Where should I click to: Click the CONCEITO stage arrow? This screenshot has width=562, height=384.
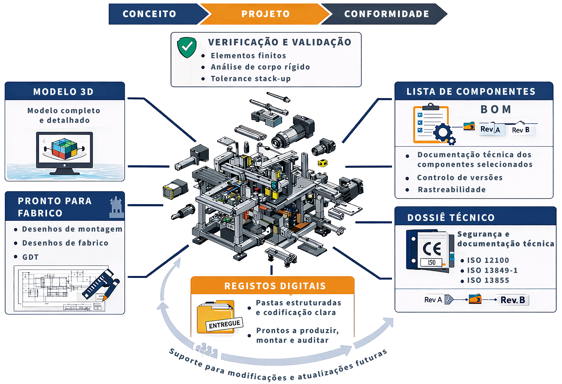152,14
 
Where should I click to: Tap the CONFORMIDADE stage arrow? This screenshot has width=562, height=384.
386,14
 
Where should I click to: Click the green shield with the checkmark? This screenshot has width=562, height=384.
187,47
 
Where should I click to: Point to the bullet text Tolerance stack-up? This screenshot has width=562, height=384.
251,79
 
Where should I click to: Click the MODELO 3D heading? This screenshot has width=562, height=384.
64,92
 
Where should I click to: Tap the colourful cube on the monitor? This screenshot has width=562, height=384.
64,149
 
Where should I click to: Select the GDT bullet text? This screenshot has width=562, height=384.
30,257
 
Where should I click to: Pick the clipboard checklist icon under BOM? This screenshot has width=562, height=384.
431,124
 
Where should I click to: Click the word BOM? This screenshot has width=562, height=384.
496,109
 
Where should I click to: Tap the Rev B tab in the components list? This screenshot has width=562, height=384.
521,130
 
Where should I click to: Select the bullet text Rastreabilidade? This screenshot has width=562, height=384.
452,190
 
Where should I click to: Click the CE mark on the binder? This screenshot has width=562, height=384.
432,249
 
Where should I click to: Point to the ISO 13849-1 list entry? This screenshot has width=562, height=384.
492,270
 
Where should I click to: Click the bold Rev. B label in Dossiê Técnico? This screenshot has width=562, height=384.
513,300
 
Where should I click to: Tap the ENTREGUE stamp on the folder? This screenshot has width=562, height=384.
224,324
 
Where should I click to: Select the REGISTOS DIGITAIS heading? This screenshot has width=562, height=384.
275,286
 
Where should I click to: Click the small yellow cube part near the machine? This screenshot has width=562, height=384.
323,163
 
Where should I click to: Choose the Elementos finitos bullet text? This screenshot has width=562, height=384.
248,56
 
